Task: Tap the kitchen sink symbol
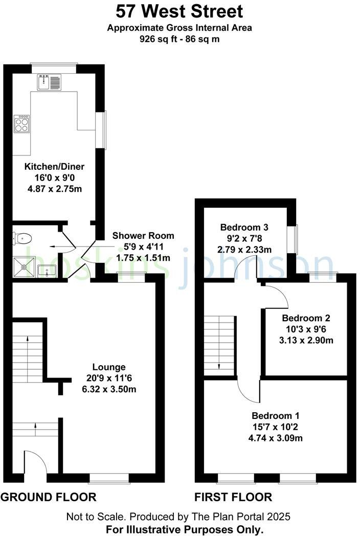coord(49,82)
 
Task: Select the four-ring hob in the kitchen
coord(22,124)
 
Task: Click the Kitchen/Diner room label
coord(55,167)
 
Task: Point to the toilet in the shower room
coord(23,238)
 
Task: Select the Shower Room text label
coord(143,236)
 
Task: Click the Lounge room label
coord(108,367)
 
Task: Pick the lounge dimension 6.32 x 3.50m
coord(108,389)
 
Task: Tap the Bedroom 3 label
coord(244,227)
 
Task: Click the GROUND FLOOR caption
coord(49,497)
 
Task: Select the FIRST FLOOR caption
coord(233,497)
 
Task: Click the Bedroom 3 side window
coord(291,239)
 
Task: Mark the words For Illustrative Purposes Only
coord(185,529)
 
